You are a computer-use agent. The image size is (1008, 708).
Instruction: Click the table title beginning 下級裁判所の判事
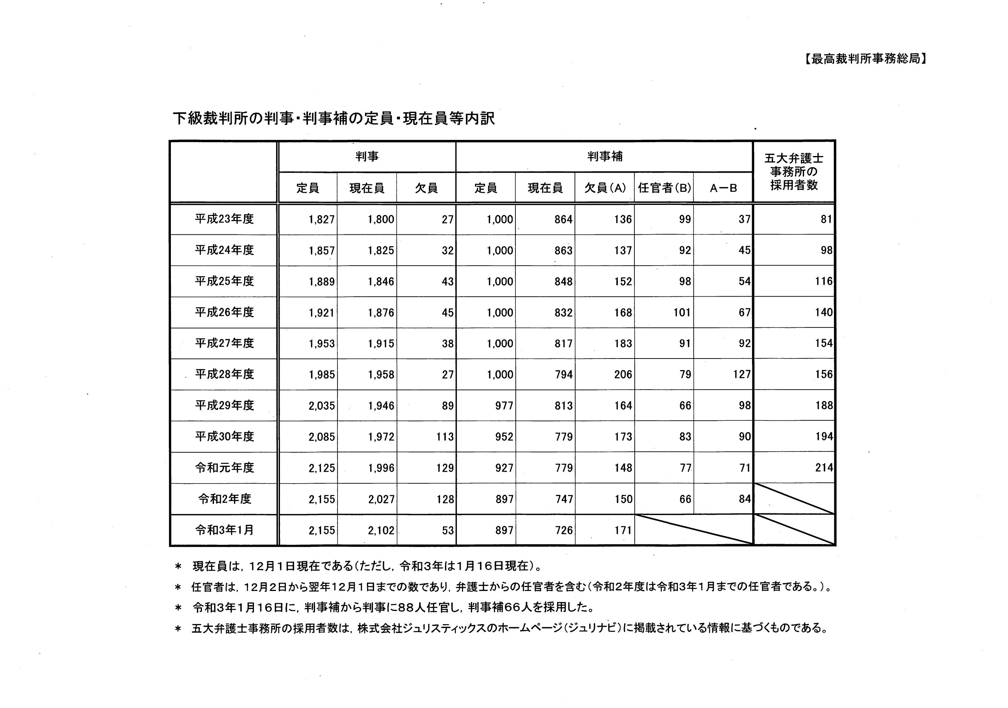pos(334,119)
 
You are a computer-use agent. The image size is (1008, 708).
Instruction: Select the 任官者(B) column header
pos(664,188)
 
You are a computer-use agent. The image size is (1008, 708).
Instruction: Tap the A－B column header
pos(723,188)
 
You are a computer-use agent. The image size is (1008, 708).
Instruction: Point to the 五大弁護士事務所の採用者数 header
pos(794,172)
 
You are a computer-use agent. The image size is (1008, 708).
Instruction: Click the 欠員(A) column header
pos(604,188)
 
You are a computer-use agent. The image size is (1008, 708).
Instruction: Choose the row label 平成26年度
pos(224,312)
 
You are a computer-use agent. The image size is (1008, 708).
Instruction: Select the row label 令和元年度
pos(224,468)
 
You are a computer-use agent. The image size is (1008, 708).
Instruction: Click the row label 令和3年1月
pos(224,530)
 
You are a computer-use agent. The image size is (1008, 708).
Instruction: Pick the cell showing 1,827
pos(321,219)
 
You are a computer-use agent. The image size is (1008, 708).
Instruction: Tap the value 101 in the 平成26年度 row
pos(682,313)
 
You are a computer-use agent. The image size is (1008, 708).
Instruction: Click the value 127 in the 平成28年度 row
pos(741,375)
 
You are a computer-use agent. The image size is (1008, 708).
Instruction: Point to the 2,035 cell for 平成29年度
pos(321,406)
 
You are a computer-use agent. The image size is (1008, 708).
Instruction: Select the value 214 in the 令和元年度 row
pos(824,468)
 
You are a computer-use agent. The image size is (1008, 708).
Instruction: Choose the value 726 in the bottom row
pos(564,531)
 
